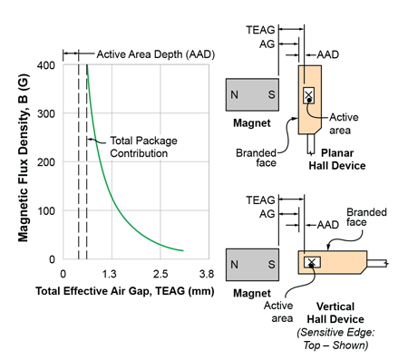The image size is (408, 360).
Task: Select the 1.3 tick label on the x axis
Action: (111, 273)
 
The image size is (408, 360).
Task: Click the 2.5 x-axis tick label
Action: (160, 273)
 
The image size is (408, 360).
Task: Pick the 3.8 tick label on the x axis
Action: (207, 273)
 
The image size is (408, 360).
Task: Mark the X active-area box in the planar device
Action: (309, 93)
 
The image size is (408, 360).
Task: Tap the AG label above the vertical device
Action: (268, 212)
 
